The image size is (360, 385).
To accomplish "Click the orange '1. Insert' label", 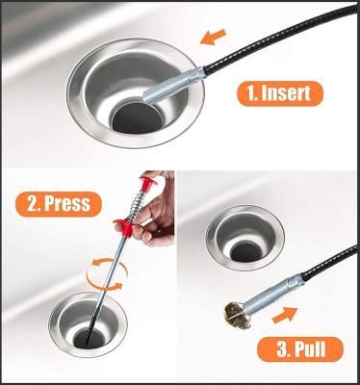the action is (280, 93).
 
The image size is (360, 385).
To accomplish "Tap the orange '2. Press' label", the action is (59, 204).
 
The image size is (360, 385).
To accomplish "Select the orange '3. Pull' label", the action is (300, 349).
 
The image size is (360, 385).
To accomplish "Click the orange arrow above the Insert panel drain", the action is (213, 37).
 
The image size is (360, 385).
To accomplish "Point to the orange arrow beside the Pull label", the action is (285, 315).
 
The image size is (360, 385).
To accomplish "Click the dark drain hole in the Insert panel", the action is (136, 118).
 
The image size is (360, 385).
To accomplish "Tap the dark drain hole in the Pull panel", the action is (244, 252).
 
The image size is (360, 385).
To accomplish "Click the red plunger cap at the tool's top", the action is (148, 182).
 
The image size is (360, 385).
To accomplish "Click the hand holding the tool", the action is (155, 212).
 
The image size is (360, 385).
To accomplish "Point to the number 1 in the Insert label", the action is (250, 93).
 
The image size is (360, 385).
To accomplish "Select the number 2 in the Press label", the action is (32, 204).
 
